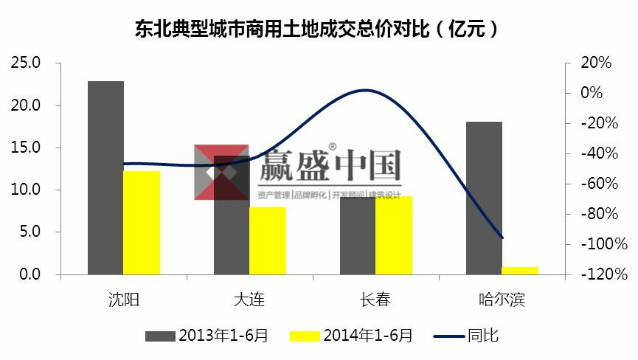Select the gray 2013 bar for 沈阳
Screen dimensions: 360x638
point(105,177)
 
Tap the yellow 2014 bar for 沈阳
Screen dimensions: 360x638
point(142,222)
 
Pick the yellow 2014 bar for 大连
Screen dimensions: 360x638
point(267,240)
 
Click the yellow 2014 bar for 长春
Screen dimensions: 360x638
point(394,235)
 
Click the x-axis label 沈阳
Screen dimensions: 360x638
point(123,300)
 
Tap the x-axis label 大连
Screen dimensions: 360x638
point(249,300)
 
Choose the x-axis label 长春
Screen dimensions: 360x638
point(375,300)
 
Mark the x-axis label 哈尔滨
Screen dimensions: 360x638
point(502,300)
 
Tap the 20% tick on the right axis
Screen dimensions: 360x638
point(596,63)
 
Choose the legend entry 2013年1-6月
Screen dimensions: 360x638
point(207,336)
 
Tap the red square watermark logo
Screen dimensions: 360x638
point(221,172)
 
